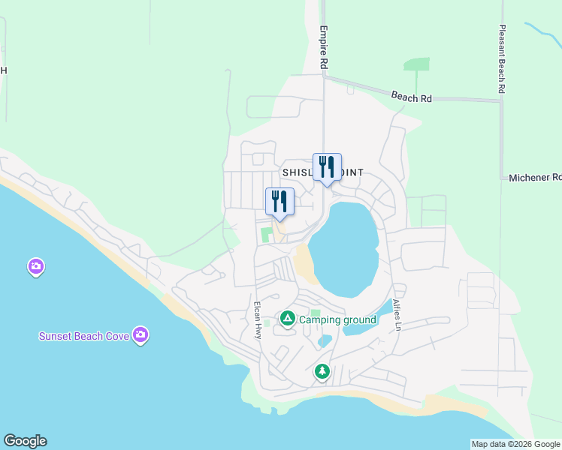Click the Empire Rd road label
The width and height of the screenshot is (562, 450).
pos(324,49)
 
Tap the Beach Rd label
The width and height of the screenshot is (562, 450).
pos(412,97)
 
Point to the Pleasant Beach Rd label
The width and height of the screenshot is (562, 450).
pos(503,59)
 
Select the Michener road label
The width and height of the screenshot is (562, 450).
pos(534,178)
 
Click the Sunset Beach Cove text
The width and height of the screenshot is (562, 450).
pos(84,336)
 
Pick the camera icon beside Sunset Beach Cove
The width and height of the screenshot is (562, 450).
pos(140,334)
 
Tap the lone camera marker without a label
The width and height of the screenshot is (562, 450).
pos(35,266)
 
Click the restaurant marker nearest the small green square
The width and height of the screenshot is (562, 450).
pos(279,201)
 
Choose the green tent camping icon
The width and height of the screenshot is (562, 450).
pos(287,319)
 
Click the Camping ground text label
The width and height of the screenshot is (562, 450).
pos(337,320)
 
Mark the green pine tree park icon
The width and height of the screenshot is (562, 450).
pos(322,371)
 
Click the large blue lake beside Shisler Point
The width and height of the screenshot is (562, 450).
pos(344,247)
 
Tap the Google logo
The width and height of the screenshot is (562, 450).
pos(25,441)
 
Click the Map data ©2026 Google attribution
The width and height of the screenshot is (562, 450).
pos(515,444)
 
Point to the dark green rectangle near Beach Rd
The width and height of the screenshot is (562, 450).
pos(416,64)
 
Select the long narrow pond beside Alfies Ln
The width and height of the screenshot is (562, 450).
pos(368,319)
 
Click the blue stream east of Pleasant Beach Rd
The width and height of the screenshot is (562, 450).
pos(542,34)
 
